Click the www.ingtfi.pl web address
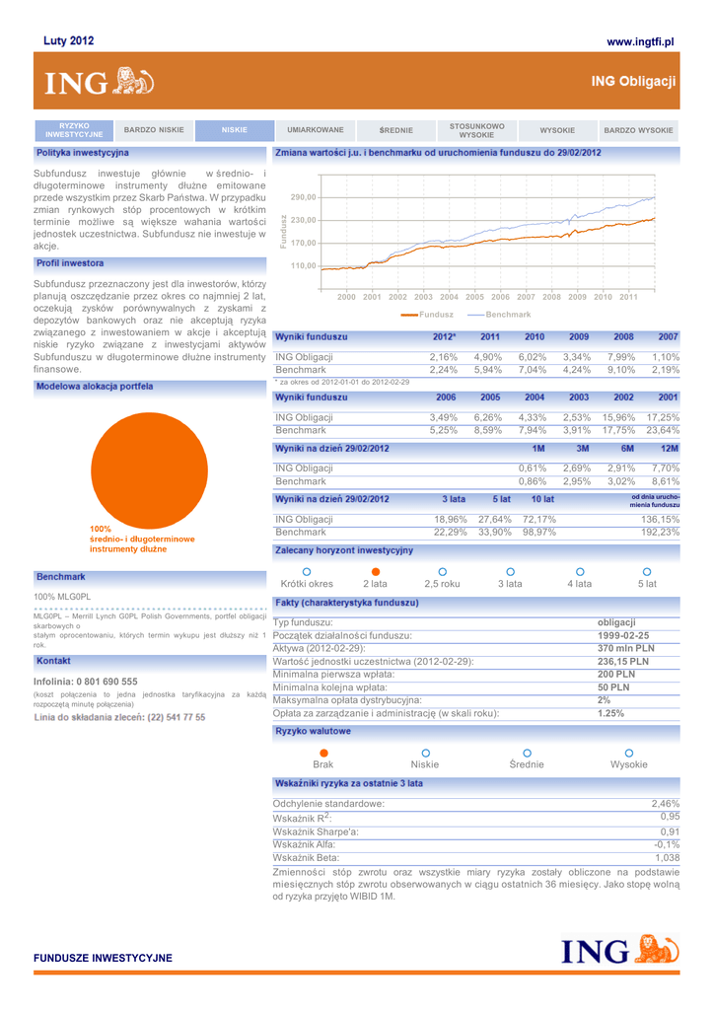pyautogui.click(x=639, y=41)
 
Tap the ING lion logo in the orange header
pyautogui.click(x=134, y=82)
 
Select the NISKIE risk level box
pyautogui.click(x=234, y=130)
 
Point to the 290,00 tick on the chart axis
pyautogui.click(x=303, y=197)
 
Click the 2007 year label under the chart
pyautogui.click(x=526, y=296)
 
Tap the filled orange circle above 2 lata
pyautogui.click(x=375, y=571)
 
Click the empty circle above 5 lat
pyautogui.click(x=647, y=571)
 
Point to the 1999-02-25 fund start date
pyautogui.click(x=623, y=636)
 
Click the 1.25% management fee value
pyautogui.click(x=611, y=713)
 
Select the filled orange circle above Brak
pyautogui.click(x=323, y=753)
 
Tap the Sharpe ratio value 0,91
pyautogui.click(x=670, y=831)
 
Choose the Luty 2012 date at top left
pyautogui.click(x=69, y=41)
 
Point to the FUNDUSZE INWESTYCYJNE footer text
pyautogui.click(x=104, y=958)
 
